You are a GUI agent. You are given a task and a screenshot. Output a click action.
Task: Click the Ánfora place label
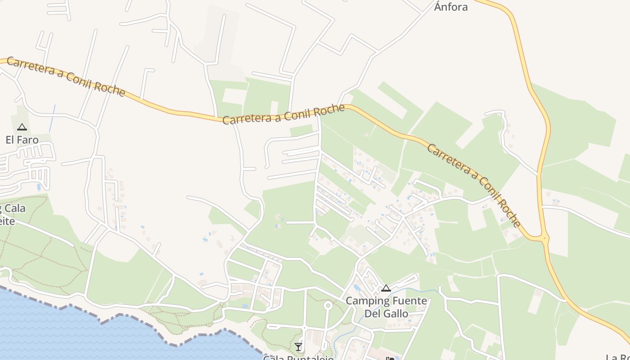451,7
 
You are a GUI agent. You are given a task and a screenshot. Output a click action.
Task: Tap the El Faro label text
22,140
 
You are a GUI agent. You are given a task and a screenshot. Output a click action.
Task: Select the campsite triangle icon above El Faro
22,127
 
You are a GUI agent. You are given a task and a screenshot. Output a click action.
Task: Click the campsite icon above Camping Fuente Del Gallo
386,288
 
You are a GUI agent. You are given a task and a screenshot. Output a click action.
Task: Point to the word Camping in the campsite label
365,301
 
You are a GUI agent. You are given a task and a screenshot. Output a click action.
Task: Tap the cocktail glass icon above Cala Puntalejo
298,346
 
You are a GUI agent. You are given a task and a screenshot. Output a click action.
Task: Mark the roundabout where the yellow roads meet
545,238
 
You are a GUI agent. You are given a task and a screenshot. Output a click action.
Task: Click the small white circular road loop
328,306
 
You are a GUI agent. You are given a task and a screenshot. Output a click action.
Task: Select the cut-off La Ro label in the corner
617,357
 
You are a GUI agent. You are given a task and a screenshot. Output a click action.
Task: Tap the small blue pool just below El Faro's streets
38,186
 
